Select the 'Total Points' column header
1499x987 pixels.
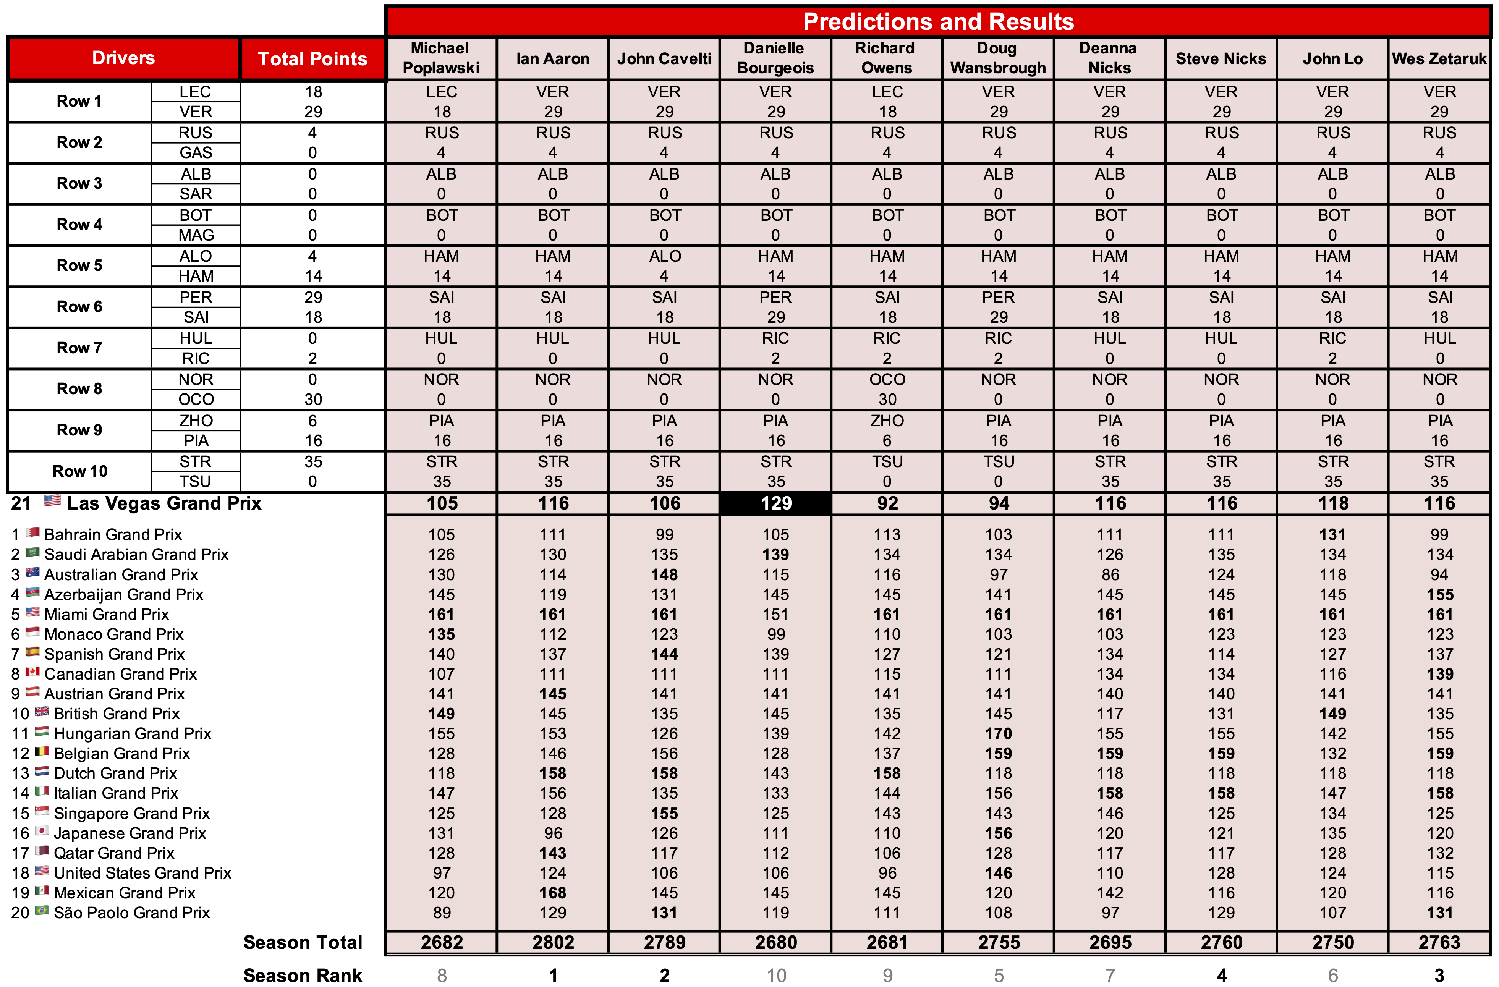tap(312, 58)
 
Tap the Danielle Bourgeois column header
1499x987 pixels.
tap(775, 58)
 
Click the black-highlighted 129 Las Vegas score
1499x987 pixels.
tap(775, 503)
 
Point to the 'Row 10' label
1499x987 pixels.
tap(79, 471)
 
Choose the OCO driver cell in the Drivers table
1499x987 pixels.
tap(196, 399)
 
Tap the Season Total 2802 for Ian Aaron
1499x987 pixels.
tap(553, 942)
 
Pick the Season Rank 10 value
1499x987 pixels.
tap(776, 976)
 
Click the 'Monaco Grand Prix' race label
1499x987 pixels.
tap(113, 634)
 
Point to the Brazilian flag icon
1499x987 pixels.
tap(42, 911)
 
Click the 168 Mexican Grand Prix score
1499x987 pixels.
tap(553, 893)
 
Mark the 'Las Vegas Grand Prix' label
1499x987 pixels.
tap(164, 503)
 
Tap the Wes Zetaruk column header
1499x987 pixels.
tap(1439, 58)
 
